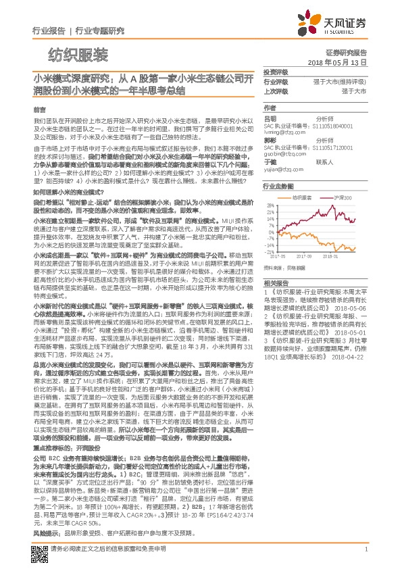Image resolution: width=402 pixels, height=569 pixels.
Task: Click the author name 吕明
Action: coord(271,118)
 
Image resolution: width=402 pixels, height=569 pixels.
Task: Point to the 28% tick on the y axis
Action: coord(270,203)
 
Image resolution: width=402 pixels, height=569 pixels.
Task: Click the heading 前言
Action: coord(39,109)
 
